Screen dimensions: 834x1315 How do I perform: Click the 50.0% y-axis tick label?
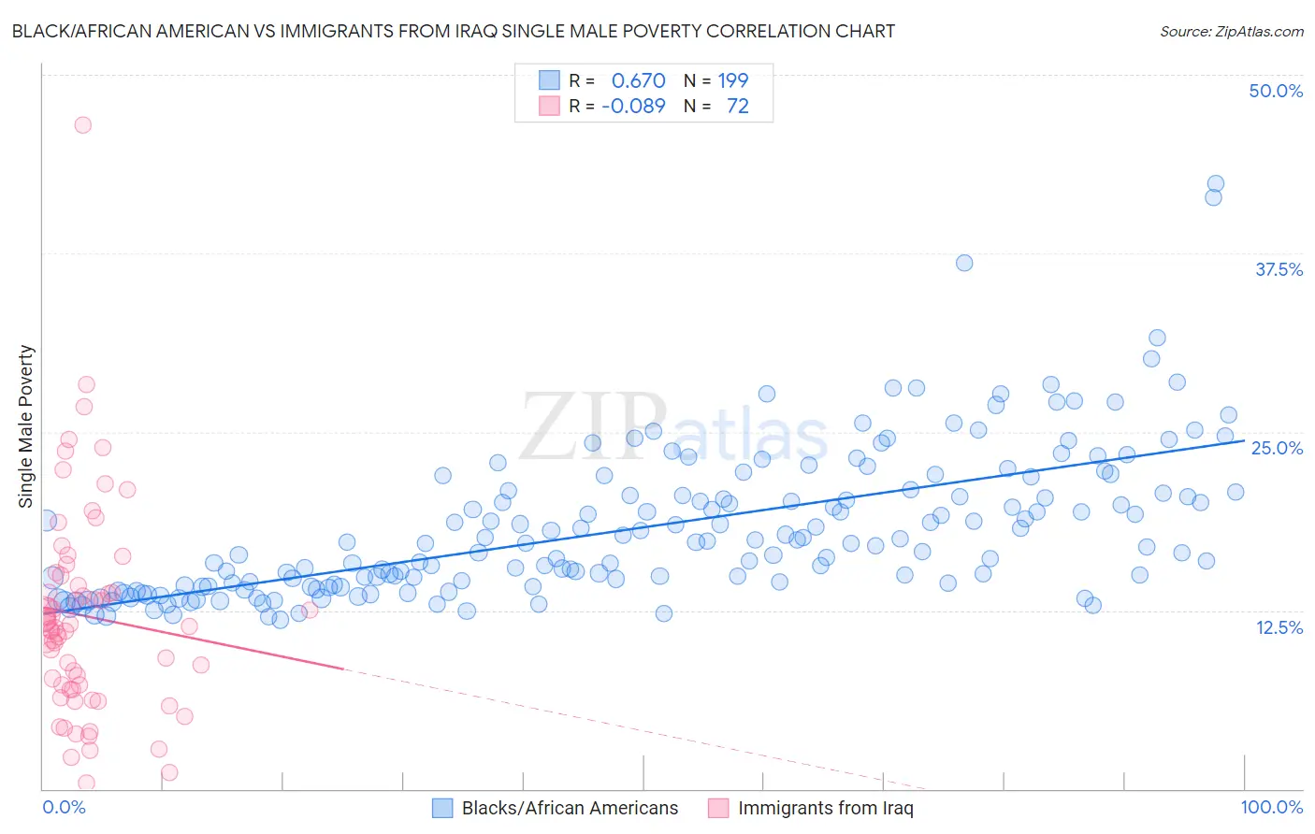tap(1276, 91)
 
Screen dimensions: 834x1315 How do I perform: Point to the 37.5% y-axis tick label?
tap(1279, 269)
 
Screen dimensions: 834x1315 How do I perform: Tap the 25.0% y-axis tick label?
tap(1277, 448)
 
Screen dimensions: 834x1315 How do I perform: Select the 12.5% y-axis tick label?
tap(1279, 627)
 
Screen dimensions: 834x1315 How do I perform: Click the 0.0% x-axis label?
tap(64, 807)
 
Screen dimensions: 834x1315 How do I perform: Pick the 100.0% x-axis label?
tap(1271, 807)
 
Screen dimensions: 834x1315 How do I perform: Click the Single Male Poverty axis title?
tap(25, 426)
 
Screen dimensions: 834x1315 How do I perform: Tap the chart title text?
tap(453, 31)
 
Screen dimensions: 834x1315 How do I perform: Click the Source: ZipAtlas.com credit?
tap(1231, 31)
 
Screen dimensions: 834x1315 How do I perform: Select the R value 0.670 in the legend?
tap(638, 80)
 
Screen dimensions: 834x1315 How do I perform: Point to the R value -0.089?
tap(633, 106)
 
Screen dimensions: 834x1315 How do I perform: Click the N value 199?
tap(732, 80)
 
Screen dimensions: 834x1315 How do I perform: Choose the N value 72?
tap(737, 106)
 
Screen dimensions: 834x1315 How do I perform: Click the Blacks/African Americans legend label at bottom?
tap(570, 808)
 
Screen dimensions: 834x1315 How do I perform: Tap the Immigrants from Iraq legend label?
tap(825, 808)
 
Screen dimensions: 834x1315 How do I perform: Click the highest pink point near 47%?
tap(82, 124)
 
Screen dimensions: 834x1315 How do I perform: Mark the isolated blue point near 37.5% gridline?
tap(964, 263)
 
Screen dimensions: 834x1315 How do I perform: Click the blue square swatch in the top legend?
tap(549, 80)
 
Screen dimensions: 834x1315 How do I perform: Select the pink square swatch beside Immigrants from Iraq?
tap(718, 808)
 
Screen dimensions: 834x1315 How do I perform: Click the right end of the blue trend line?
tap(1244, 439)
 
